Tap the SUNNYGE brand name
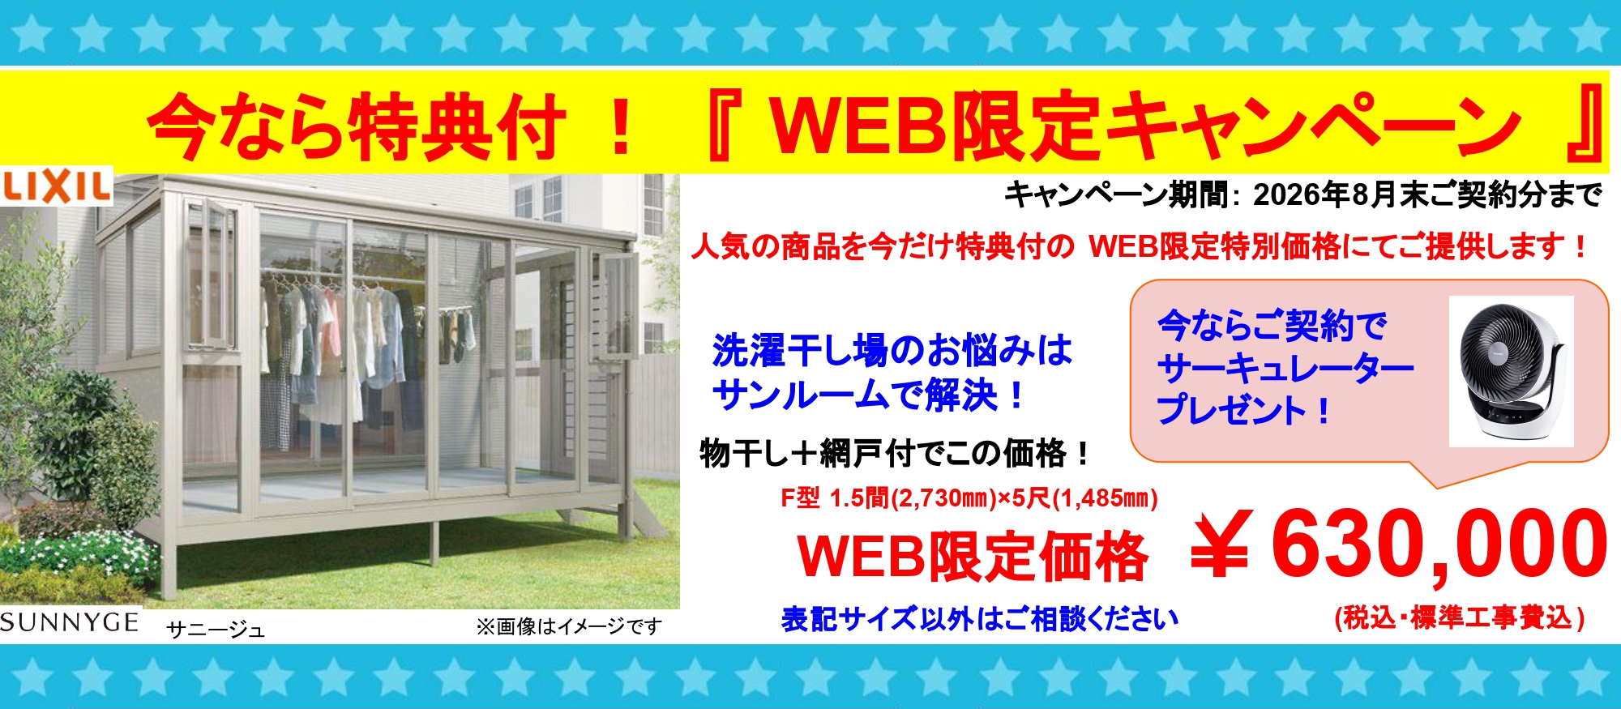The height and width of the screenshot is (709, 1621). [70, 622]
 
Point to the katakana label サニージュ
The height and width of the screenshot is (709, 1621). [216, 630]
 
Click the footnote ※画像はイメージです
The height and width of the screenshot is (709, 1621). [569, 626]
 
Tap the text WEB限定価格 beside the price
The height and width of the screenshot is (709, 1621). [973, 557]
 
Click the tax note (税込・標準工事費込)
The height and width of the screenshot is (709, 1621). [1460, 618]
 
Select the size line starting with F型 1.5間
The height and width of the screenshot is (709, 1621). [969, 498]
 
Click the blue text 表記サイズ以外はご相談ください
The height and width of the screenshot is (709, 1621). [980, 619]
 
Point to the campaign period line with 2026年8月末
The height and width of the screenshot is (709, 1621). [1303, 194]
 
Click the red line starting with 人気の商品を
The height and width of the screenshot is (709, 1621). [1140, 246]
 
